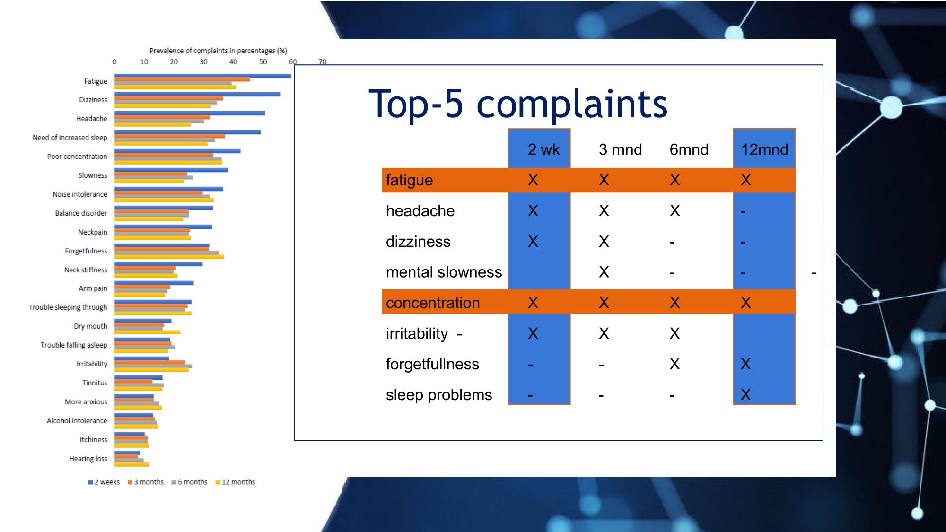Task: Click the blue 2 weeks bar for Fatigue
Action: pyautogui.click(x=203, y=76)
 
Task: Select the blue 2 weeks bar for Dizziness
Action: pyautogui.click(x=197, y=95)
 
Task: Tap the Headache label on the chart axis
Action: pyautogui.click(x=92, y=119)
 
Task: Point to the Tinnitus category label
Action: pyautogui.click(x=95, y=383)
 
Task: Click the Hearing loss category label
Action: pyautogui.click(x=88, y=459)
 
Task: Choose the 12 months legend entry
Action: pyautogui.click(x=235, y=482)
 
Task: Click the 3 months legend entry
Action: pyautogui.click(x=146, y=482)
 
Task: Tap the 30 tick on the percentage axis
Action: pyautogui.click(x=203, y=62)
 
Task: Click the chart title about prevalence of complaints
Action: pyautogui.click(x=218, y=51)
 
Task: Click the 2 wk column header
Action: pyautogui.click(x=543, y=149)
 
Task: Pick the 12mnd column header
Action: pyautogui.click(x=764, y=149)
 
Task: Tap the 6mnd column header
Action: pyautogui.click(x=689, y=149)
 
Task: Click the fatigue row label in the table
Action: pyautogui.click(x=409, y=180)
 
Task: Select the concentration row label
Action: pyautogui.click(x=433, y=303)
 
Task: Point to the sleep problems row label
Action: pyautogui.click(x=439, y=395)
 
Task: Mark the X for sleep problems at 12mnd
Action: pyautogui.click(x=746, y=395)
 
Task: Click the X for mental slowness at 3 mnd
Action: pyautogui.click(x=604, y=272)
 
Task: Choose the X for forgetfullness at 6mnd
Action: pyautogui.click(x=675, y=364)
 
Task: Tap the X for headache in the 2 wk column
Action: pyautogui.click(x=533, y=211)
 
